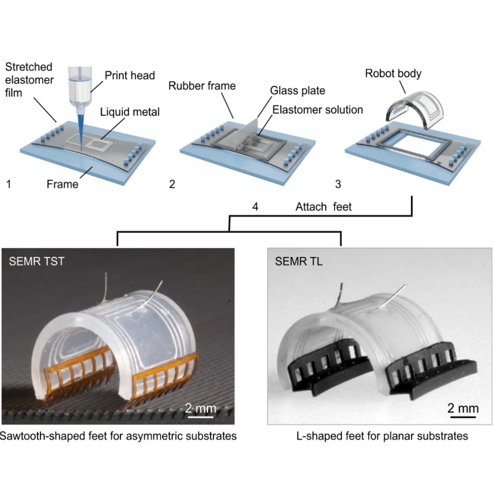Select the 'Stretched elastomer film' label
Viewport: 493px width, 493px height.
pyautogui.click(x=30, y=80)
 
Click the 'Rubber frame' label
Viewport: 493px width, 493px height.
pyautogui.click(x=202, y=85)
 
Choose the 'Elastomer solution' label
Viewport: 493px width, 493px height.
pyautogui.click(x=318, y=109)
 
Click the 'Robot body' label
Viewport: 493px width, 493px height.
pyautogui.click(x=393, y=73)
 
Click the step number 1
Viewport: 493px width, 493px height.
pyautogui.click(x=8, y=184)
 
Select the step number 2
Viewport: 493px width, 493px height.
pyautogui.click(x=172, y=184)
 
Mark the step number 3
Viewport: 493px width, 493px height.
pyautogui.click(x=338, y=184)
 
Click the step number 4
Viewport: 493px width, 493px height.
pyautogui.click(x=255, y=207)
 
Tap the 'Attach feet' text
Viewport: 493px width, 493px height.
pyautogui.click(x=323, y=207)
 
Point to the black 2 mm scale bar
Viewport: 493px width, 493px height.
pyautogui.click(x=463, y=417)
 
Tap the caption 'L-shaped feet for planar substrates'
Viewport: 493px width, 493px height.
pyautogui.click(x=382, y=436)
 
